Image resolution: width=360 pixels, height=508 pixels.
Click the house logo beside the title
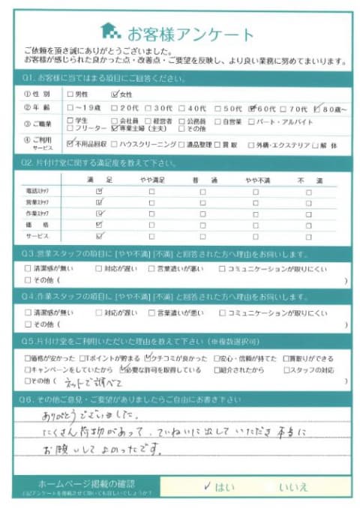pos(110,31)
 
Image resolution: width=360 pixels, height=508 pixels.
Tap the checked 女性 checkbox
pos(115,95)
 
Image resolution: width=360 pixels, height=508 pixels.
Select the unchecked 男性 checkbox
pos(70,95)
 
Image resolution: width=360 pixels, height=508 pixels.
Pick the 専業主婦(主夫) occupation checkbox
pos(114,129)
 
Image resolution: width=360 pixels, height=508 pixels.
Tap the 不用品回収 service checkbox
pos(70,142)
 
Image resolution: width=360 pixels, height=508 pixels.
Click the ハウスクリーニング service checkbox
pos(114,142)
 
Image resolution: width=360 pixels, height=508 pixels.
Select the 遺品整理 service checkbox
pos(190,142)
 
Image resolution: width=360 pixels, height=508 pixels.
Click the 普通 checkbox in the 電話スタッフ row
pos(202,192)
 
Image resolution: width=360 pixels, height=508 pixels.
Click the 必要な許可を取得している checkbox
pos(119,370)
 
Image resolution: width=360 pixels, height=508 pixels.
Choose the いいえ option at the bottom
pos(292,487)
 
